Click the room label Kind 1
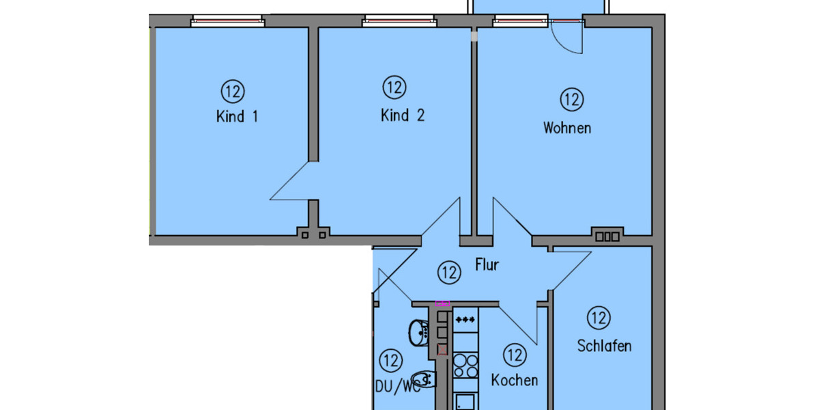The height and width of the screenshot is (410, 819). point(237,117)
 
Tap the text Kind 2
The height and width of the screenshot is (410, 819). point(402,115)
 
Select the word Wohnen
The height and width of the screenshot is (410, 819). point(566,128)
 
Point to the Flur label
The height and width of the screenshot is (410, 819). point(487,265)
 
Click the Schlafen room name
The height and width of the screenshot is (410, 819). point(604,346)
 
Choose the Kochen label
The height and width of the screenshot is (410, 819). point(514,380)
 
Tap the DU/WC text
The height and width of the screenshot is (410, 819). point(397,387)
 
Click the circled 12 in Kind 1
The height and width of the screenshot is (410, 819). point(232,90)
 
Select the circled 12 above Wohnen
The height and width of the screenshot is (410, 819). point(572,100)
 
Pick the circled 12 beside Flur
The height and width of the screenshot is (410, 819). point(448,273)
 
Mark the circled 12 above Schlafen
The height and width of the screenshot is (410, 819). point(599,318)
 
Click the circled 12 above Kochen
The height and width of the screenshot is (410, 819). point(515,355)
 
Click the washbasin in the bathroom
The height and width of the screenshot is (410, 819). point(417,333)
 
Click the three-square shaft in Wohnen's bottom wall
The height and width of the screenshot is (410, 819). point(607,236)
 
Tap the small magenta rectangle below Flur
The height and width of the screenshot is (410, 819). point(442,303)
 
